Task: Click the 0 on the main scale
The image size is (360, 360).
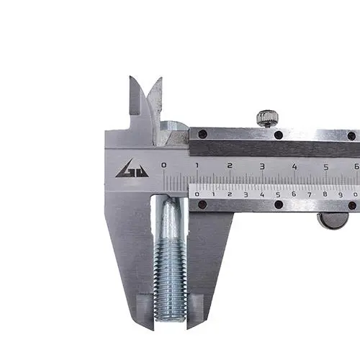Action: click(163, 165)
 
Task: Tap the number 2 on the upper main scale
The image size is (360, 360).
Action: click(230, 166)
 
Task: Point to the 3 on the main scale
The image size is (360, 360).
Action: click(262, 166)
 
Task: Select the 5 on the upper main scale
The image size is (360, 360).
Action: click(326, 167)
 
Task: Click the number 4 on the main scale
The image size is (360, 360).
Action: click(294, 166)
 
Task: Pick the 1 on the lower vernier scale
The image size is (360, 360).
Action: click(213, 194)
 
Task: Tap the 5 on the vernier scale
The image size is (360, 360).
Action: click(278, 194)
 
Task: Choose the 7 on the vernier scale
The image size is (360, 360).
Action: click(310, 194)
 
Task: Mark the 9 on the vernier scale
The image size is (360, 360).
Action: click(341, 194)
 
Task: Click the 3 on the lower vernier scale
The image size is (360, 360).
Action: click(246, 194)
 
